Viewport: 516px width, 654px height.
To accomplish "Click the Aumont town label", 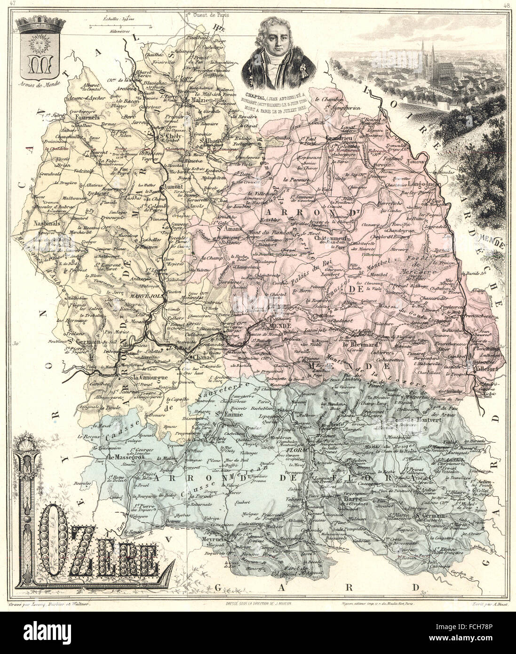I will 174,187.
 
